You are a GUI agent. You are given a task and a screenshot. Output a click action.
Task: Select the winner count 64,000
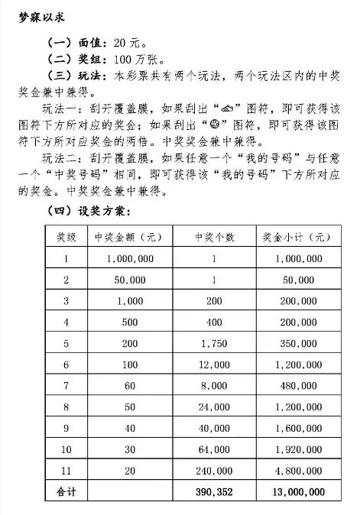(213, 445)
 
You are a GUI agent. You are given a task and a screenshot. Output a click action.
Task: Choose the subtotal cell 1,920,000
(297, 445)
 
